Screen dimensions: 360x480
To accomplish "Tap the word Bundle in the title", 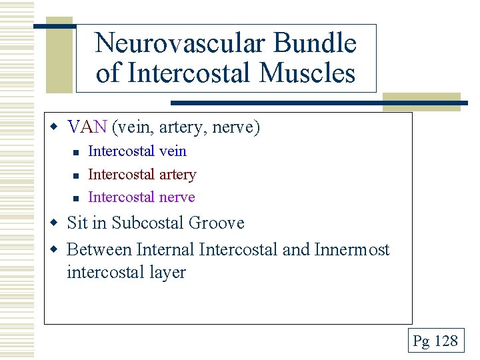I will (x=316, y=44).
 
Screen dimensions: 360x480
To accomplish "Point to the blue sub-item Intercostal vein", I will (x=137, y=151).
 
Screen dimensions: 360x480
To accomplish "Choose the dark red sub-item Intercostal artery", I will (x=142, y=175).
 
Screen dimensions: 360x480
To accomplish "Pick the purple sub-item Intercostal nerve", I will (x=141, y=197).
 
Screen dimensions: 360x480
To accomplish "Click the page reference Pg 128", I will (x=435, y=341).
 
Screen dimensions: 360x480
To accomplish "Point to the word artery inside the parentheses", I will (x=188, y=127).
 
